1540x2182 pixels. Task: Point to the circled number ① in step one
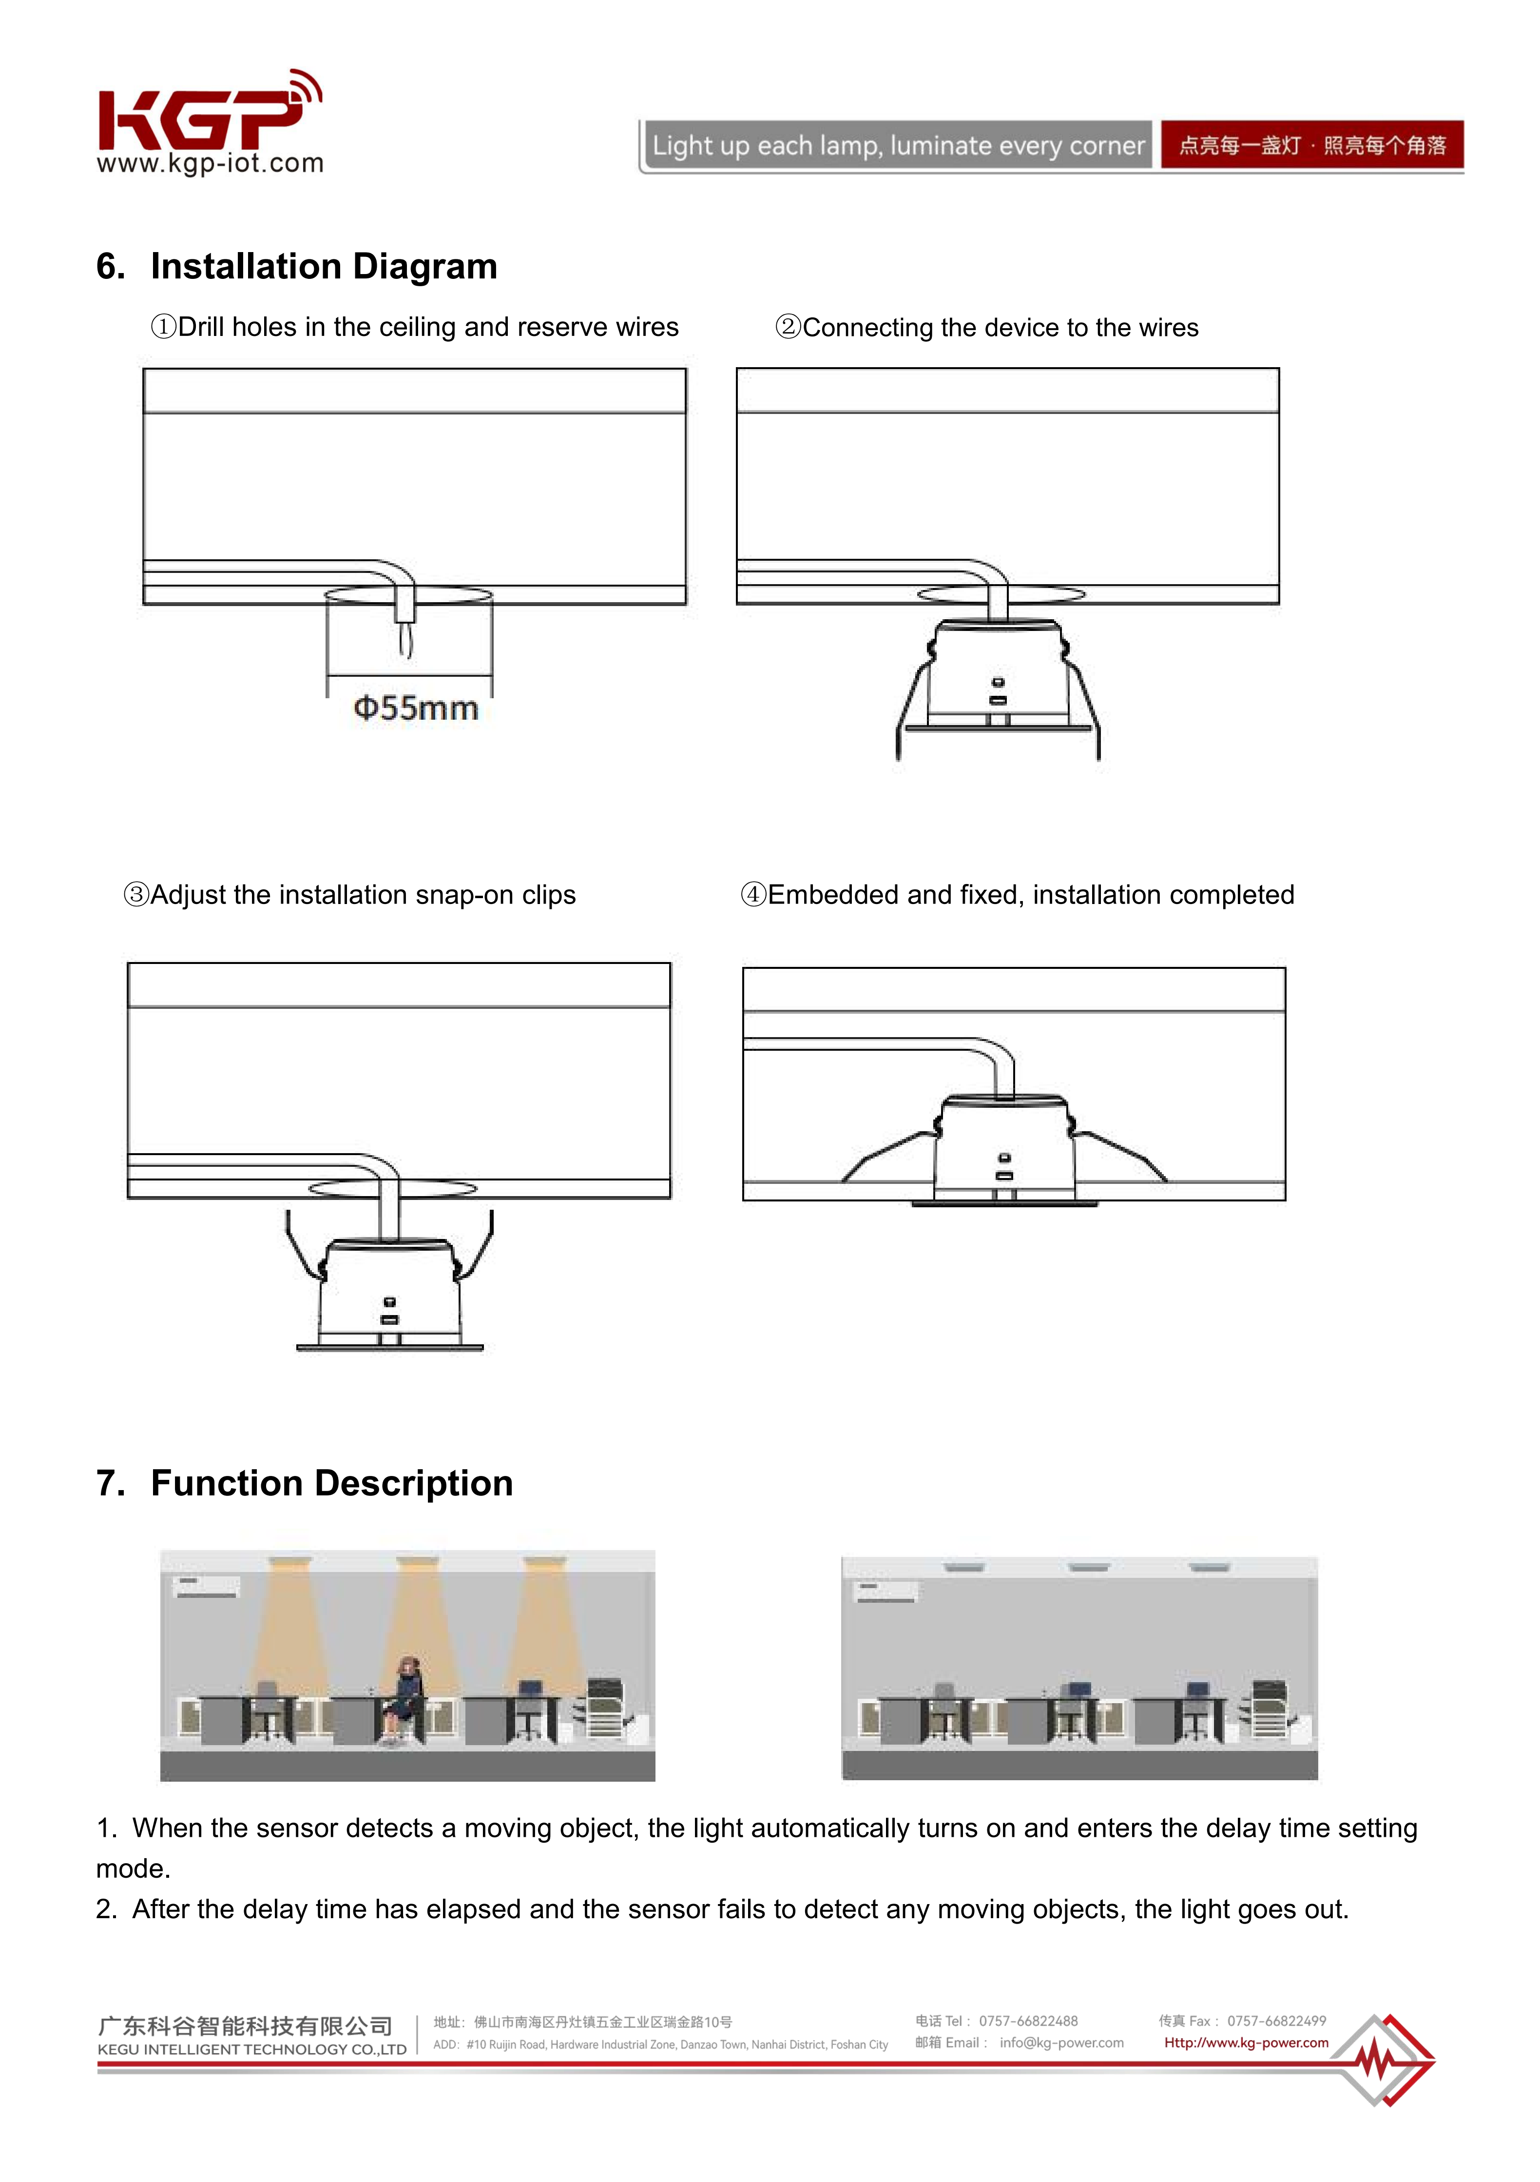tap(163, 327)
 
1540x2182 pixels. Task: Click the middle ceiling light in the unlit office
tap(1089, 1567)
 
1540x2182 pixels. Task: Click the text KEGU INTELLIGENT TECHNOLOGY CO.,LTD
tap(252, 2050)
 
